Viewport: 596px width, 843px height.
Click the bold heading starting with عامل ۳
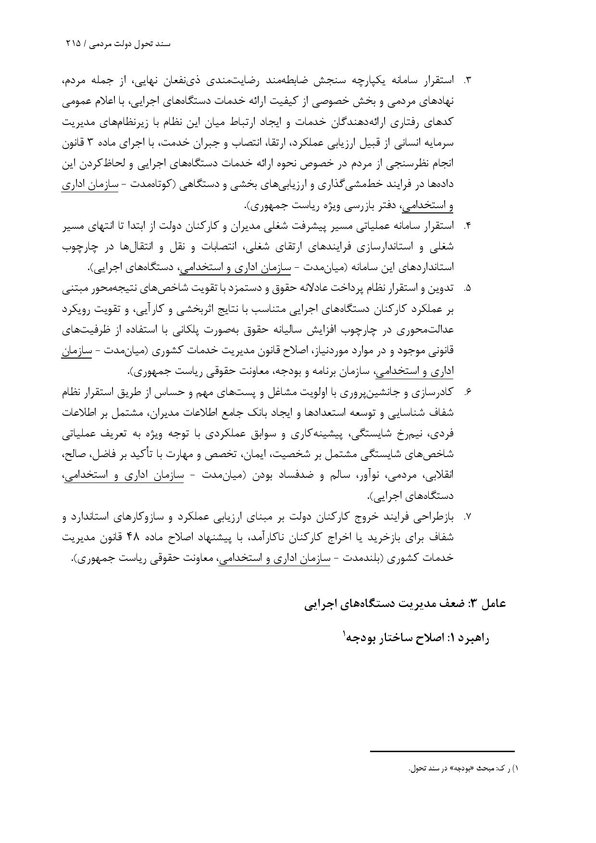click(x=405, y=604)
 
